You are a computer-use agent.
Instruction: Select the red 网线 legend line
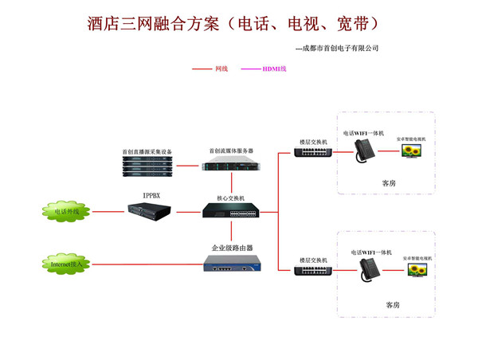pos(202,69)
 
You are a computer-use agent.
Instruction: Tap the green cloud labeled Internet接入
pos(65,263)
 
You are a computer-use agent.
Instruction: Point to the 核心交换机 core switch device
pos(230,211)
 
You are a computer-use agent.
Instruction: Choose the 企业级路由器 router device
pos(231,264)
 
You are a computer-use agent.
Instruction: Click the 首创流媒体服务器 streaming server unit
pos(231,166)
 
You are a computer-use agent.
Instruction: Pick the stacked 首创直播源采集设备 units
pos(147,165)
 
